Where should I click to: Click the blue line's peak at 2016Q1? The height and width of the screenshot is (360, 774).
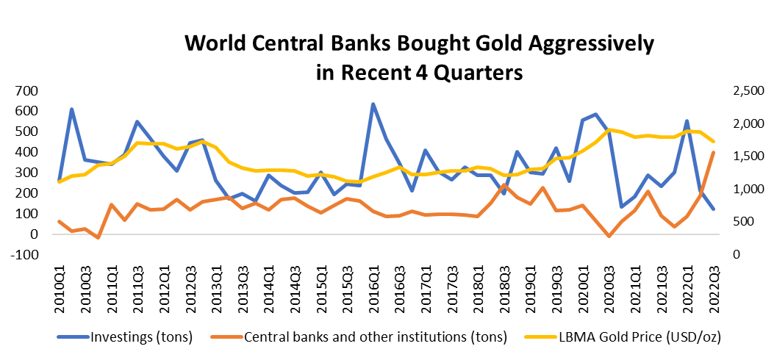(373, 104)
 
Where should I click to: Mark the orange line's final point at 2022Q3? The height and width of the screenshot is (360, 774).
(712, 153)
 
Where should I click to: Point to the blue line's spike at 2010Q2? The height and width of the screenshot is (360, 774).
(72, 109)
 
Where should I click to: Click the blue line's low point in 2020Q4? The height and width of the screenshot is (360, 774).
(621, 206)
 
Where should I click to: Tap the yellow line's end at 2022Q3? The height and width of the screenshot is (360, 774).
(712, 141)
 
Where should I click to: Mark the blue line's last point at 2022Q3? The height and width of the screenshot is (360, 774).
(712, 209)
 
